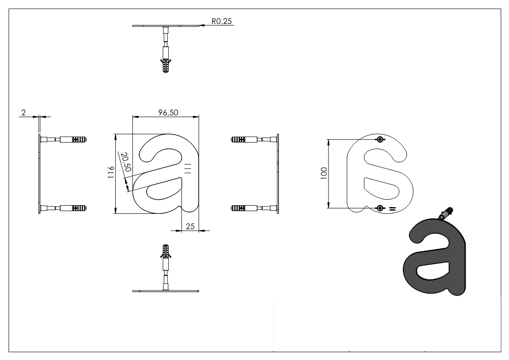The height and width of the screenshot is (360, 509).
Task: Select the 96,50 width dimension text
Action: [x=167, y=113]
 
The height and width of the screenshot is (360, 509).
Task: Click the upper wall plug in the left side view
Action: [x=78, y=139]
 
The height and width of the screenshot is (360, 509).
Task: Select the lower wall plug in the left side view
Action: [x=78, y=209]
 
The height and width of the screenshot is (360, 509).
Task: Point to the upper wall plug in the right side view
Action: [x=240, y=138]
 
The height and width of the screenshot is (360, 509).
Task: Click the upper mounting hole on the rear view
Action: [x=380, y=139]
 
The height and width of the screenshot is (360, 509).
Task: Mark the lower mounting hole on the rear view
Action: [x=380, y=208]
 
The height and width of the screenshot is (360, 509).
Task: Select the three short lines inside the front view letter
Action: [x=188, y=168]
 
